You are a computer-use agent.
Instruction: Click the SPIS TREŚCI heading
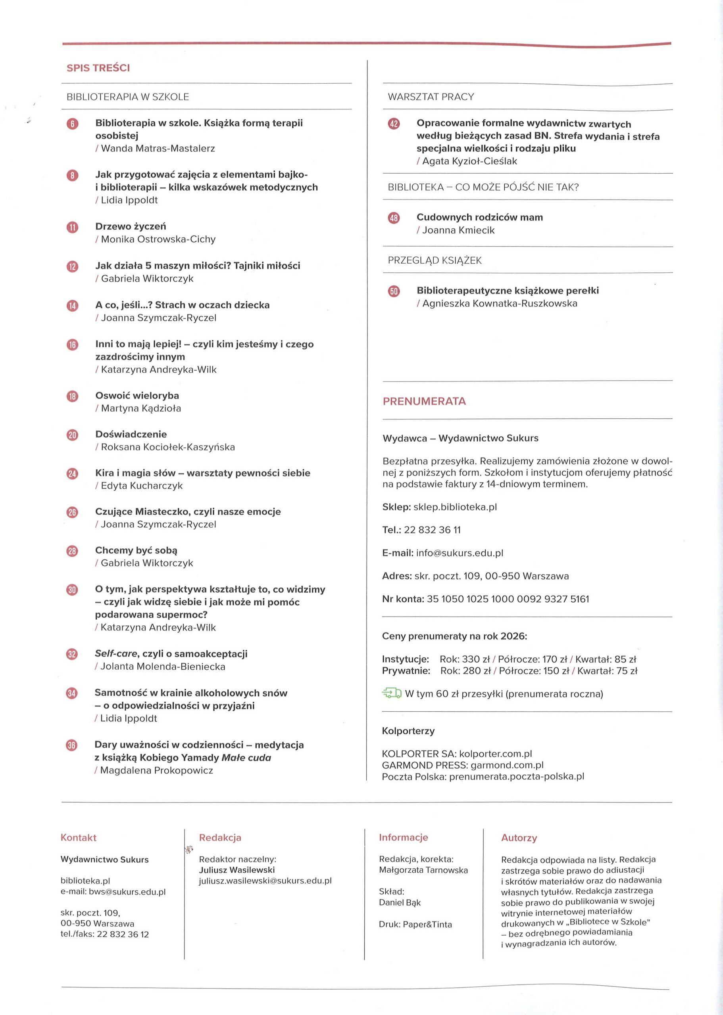coord(98,68)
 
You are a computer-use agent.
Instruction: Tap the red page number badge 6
coord(72,124)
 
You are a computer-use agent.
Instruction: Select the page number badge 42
coord(394,124)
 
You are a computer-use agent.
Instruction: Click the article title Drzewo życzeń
coord(131,226)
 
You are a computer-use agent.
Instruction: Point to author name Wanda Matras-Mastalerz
coord(158,149)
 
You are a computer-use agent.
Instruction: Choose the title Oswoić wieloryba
coord(137,395)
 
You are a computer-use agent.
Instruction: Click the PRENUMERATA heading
coord(424,401)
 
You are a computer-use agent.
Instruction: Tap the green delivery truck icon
coord(391,693)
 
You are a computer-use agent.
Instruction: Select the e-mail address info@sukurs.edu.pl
coord(460,553)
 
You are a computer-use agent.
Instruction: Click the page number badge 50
coord(394,291)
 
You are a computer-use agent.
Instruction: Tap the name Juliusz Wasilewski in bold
coord(237,869)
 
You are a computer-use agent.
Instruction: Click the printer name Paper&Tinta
coord(427,925)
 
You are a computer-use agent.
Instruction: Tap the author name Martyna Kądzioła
coord(141,408)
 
